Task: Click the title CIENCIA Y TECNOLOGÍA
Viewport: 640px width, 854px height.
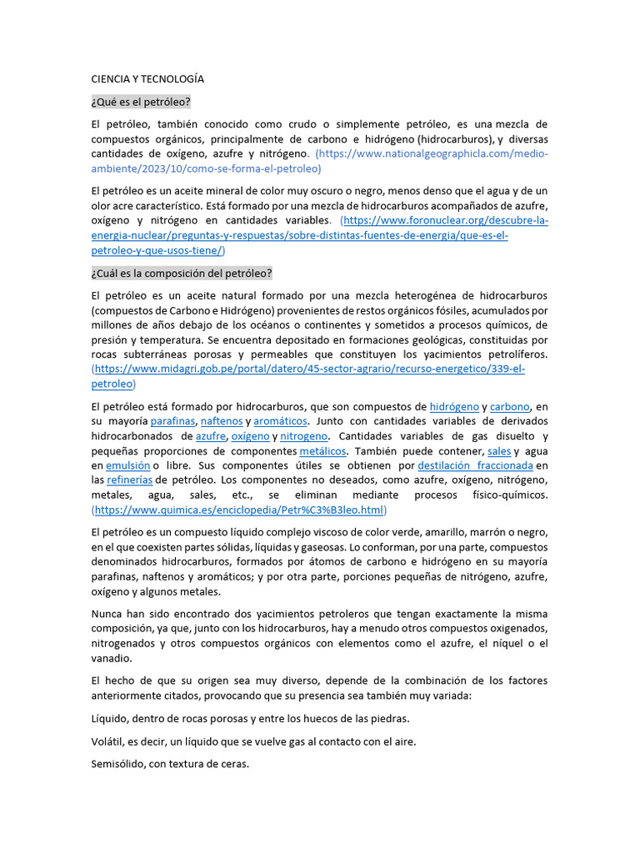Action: [147, 78]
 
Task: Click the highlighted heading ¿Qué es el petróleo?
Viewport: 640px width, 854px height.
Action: [141, 102]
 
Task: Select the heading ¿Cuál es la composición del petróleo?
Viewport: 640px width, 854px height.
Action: [182, 274]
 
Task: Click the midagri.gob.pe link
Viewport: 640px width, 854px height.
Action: [308, 369]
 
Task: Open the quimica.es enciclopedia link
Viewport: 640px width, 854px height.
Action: [239, 510]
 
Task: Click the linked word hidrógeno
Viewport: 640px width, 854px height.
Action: [454, 406]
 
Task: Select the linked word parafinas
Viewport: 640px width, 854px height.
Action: [172, 421]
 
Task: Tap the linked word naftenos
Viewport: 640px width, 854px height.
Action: [222, 421]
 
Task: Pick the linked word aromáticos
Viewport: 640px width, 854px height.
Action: [280, 421]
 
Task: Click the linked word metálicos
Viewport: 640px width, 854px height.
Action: [322, 451]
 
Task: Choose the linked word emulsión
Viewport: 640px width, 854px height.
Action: [127, 465]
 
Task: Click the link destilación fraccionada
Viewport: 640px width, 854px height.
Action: [475, 465]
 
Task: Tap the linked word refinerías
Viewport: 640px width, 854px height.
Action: [129, 480]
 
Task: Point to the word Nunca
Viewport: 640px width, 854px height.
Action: [107, 613]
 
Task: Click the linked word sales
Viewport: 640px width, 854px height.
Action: [499, 451]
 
